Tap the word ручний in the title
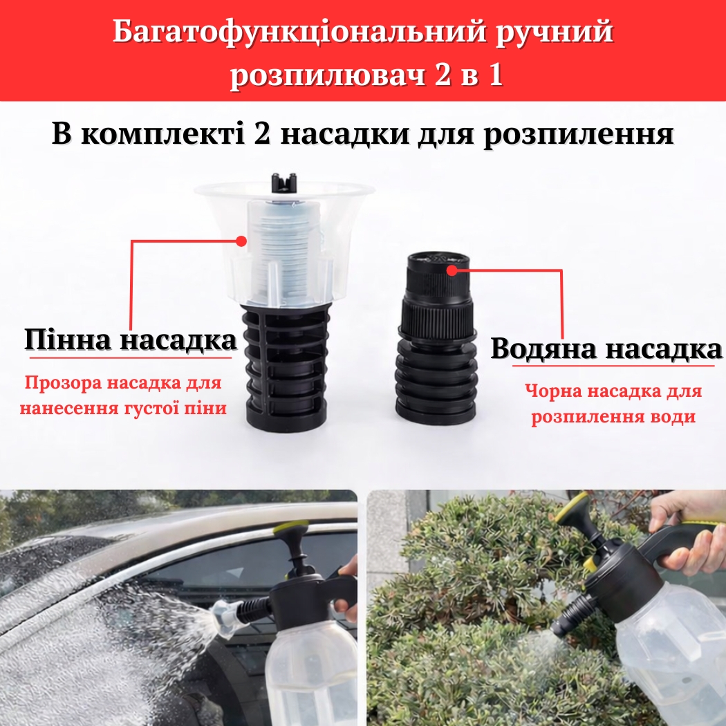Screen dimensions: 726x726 point(555,33)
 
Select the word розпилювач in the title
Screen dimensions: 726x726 point(328,74)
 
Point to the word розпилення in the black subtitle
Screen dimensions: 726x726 point(578,134)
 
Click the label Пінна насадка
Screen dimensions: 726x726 point(131,339)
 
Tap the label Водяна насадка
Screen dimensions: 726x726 point(606,348)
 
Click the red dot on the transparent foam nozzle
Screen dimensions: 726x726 point(241,241)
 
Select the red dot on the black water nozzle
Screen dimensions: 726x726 point(452,270)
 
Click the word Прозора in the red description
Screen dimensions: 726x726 point(61,383)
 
